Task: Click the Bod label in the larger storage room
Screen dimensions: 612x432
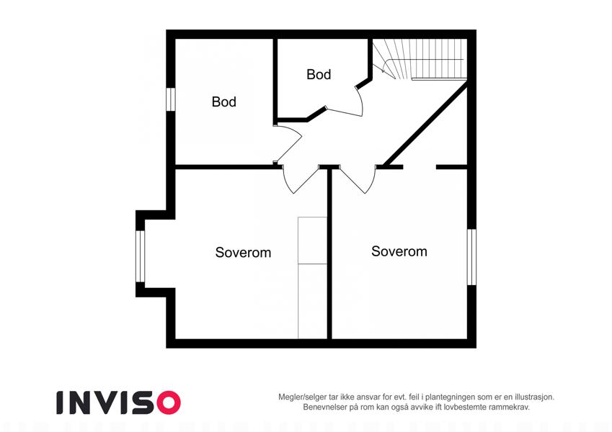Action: [224, 102]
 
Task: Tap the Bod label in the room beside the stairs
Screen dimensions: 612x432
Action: [319, 74]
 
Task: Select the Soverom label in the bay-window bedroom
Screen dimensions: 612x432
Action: [243, 253]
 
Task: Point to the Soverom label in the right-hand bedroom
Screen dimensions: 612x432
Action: [399, 251]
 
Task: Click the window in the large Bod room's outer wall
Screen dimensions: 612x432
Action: [171, 99]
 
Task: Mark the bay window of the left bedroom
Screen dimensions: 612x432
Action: [140, 256]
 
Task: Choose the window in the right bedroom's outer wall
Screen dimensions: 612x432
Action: [472, 257]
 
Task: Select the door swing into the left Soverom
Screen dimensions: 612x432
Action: [298, 180]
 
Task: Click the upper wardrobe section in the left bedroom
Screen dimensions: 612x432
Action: [312, 240]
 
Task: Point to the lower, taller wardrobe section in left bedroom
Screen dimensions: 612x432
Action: [312, 302]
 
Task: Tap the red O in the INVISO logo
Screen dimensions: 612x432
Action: [168, 402]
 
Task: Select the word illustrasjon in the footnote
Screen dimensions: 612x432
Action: [534, 397]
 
